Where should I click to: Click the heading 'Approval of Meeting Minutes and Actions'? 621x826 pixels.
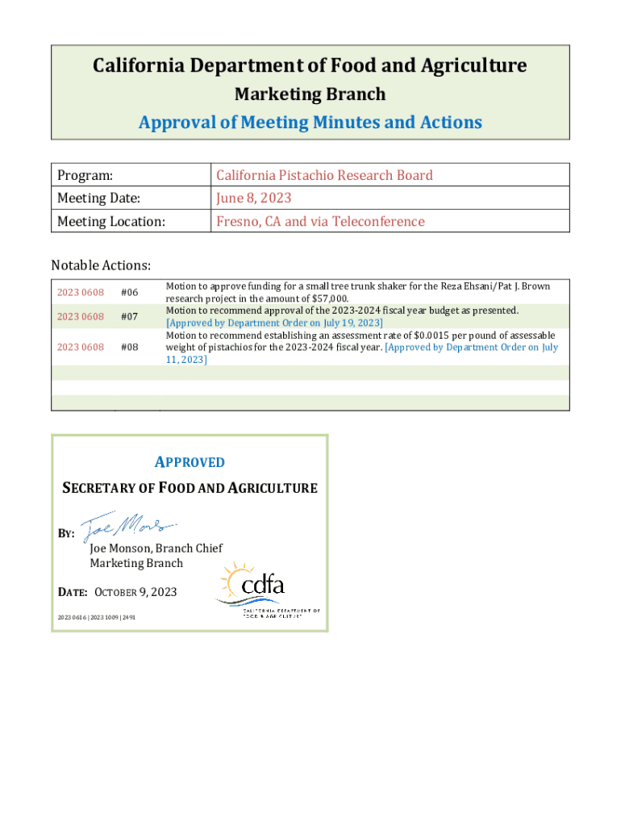coord(310,123)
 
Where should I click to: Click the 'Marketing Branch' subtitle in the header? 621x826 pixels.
coord(310,94)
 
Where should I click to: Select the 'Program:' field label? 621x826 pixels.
coord(85,176)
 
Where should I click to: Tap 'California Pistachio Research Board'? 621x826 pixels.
coord(323,176)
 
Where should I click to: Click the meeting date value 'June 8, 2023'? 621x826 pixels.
coord(253,198)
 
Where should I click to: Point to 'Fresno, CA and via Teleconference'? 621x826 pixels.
coord(319,221)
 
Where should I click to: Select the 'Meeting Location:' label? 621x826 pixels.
coord(110,221)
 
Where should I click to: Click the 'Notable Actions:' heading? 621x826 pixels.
coord(101,265)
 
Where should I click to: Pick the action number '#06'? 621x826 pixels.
coord(129,292)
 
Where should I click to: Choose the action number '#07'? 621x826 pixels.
coord(129,317)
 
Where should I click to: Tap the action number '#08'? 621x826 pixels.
coord(129,347)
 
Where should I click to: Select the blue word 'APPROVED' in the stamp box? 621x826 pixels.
coord(190,462)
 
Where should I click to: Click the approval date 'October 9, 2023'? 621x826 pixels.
coord(135,592)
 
